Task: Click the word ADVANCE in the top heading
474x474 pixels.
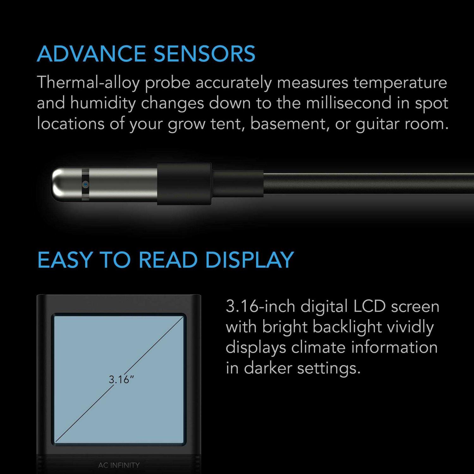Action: coord(91,54)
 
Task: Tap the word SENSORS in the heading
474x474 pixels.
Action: coord(204,54)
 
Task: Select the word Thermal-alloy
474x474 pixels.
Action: coord(88,83)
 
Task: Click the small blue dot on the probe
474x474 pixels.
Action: coord(85,183)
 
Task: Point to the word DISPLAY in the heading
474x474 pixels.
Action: coord(250,260)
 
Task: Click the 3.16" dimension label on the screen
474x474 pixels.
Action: coord(121,379)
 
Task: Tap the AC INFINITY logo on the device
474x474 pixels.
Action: coord(119,465)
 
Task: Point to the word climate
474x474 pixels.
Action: coord(318,347)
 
